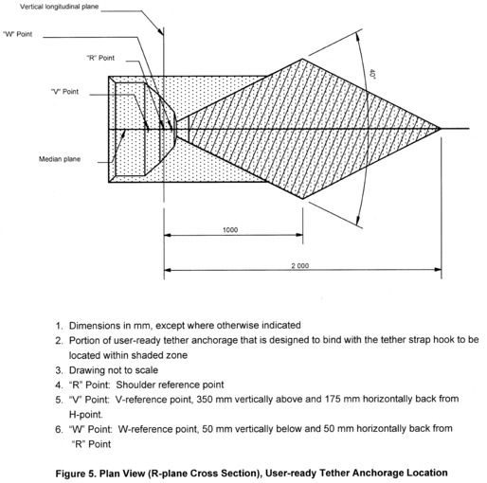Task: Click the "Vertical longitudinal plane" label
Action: [59, 7]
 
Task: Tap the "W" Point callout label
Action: [18, 34]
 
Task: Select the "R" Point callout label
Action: [100, 58]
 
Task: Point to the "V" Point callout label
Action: [64, 92]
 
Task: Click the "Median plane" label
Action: [60, 159]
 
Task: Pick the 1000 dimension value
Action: [230, 230]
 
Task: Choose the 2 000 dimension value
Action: [299, 266]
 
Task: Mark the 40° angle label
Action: [372, 74]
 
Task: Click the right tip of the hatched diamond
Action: [441, 128]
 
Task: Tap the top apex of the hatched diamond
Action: [302, 59]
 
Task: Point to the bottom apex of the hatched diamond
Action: [302, 199]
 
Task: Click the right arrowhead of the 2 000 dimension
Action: [438, 270]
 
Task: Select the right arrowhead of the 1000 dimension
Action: [299, 235]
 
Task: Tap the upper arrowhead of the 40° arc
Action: [358, 37]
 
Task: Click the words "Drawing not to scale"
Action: [114, 370]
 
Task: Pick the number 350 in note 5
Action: [204, 400]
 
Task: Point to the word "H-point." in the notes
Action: [86, 414]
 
